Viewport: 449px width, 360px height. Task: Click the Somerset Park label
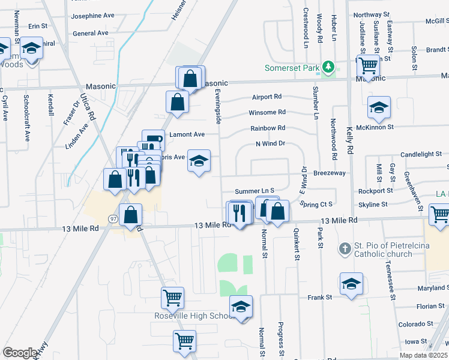tap(292, 68)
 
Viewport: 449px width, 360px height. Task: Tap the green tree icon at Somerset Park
tap(328, 67)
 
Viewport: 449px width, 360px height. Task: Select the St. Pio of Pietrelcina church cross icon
tap(345, 248)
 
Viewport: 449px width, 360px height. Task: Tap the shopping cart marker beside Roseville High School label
tap(172, 296)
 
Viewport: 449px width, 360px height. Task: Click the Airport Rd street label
tap(267, 96)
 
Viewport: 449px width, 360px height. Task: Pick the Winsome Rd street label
tap(268, 112)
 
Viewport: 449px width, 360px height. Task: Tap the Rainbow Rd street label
tap(268, 128)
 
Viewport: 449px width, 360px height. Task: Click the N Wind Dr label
tap(270, 143)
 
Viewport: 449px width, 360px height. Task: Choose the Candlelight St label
tap(421, 154)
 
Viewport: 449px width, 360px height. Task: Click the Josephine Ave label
tap(92, 16)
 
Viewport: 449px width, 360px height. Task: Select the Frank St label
tap(320, 297)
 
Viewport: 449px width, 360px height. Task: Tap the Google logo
tap(20, 353)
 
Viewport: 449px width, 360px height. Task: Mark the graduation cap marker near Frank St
tap(351, 283)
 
